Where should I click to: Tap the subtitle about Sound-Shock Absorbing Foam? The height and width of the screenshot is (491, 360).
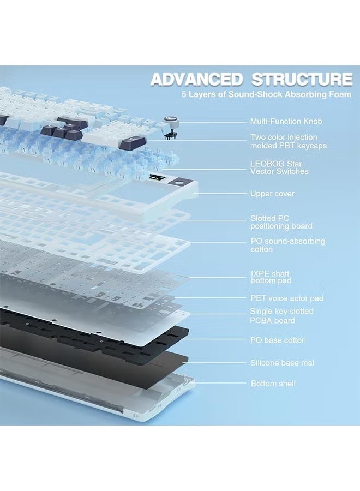pyautogui.click(x=266, y=95)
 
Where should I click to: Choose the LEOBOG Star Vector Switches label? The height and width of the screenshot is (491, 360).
pyautogui.click(x=279, y=167)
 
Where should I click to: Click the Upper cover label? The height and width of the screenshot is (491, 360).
pyautogui.click(x=272, y=194)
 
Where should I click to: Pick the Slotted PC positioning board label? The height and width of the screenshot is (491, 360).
pyautogui.click(x=281, y=222)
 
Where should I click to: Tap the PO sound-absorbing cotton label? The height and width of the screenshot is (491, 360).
pyautogui.click(x=287, y=245)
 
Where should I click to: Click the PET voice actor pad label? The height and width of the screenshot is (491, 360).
pyautogui.click(x=286, y=298)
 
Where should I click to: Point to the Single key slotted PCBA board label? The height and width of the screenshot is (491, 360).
pyautogui.click(x=281, y=316)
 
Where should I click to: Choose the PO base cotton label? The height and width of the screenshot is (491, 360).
pyautogui.click(x=278, y=340)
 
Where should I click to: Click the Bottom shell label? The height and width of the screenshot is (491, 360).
pyautogui.click(x=273, y=384)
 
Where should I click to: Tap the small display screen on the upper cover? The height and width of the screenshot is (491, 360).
pyautogui.click(x=155, y=178)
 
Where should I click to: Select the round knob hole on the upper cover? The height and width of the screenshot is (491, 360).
pyautogui.click(x=178, y=182)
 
